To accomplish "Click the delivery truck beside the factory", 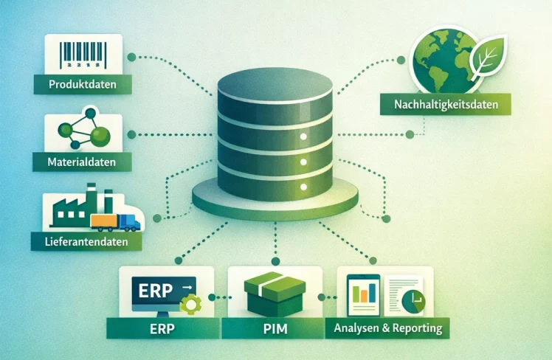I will click(x=117, y=221).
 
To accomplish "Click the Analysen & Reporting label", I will click(x=387, y=327).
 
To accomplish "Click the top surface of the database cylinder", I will click(x=275, y=85).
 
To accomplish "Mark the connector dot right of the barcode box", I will click(x=131, y=57).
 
